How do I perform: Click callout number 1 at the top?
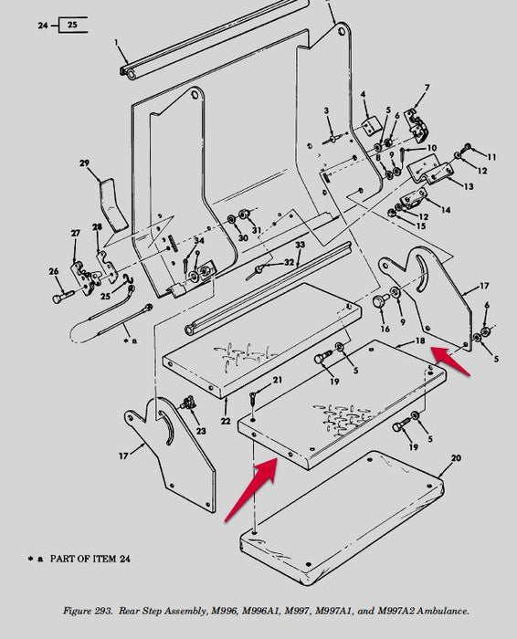pos(117,43)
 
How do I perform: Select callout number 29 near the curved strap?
pos(85,164)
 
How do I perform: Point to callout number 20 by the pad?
pos(456,458)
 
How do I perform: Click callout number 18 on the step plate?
pos(420,341)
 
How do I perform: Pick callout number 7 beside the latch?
pos(426,89)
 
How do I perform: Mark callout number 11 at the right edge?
pos(491,157)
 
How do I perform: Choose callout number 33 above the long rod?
pos(299,246)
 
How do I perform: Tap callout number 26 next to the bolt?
pos(54,270)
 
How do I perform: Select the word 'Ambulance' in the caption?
pos(441,609)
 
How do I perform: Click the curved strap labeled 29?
pos(112,203)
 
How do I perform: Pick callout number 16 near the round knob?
pos(385,328)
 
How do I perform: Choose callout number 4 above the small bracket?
pos(363,94)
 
